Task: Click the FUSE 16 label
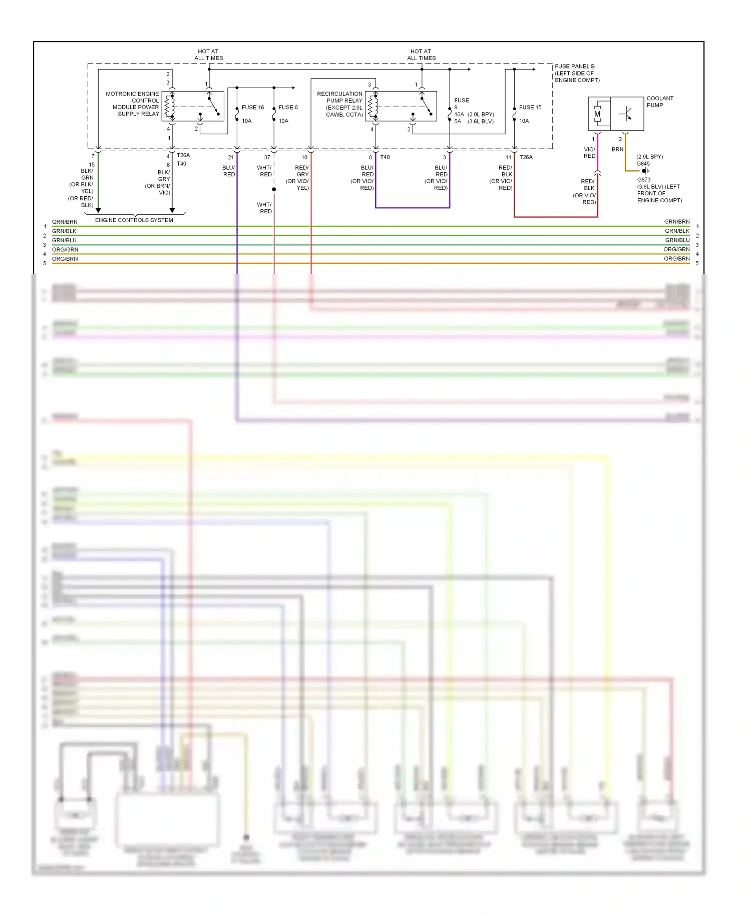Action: tap(252, 107)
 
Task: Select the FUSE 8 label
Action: tap(288, 107)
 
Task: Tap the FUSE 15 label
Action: tap(530, 107)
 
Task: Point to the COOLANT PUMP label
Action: tap(659, 102)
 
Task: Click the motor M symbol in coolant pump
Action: tap(597, 114)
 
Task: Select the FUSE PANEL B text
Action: tap(574, 66)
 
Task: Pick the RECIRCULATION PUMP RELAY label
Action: tap(340, 104)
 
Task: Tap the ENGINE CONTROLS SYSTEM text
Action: tap(134, 220)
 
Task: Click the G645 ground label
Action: tap(643, 164)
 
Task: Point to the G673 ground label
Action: tap(644, 180)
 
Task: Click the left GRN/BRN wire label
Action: tap(65, 222)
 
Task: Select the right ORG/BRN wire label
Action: tap(676, 259)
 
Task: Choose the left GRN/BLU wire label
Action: tap(64, 240)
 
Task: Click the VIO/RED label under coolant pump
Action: tap(589, 153)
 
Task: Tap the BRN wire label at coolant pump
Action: tap(617, 149)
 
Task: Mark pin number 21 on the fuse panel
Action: tap(231, 157)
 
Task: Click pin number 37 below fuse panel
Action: tap(267, 157)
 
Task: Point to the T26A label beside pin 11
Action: tap(526, 157)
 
